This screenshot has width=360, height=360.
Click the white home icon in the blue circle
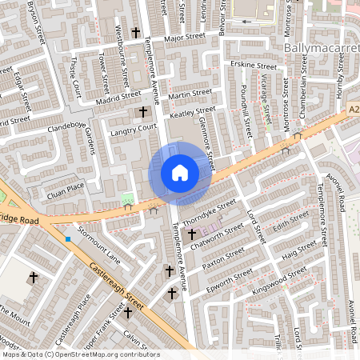click(x=180, y=173)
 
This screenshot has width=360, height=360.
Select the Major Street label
click(x=184, y=37)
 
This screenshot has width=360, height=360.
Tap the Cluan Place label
click(x=65, y=186)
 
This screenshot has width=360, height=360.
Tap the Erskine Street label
click(x=251, y=64)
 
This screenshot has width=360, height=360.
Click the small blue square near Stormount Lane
click(x=69, y=238)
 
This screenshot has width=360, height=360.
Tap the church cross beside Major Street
click(x=136, y=34)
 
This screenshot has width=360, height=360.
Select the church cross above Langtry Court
click(x=144, y=112)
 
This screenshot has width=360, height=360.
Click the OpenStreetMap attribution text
click(x=80, y=354)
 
